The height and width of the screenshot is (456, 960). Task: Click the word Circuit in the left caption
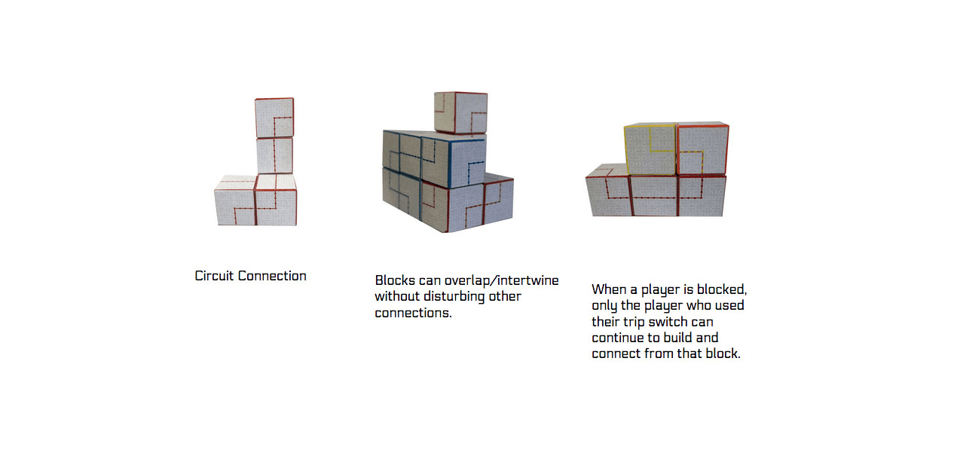click(214, 276)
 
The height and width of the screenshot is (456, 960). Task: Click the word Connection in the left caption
click(272, 276)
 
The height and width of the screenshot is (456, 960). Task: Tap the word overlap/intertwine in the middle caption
click(501, 280)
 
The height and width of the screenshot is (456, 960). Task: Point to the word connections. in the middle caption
click(414, 313)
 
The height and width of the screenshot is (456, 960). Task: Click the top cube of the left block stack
click(274, 118)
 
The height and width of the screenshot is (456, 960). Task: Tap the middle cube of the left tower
click(275, 155)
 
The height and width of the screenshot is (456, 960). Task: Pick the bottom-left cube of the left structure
click(235, 200)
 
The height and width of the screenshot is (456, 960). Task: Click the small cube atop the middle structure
click(460, 113)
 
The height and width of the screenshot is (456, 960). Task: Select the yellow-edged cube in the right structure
click(650, 149)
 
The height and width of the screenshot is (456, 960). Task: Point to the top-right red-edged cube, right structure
click(703, 148)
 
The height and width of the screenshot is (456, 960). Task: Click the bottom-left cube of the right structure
click(609, 190)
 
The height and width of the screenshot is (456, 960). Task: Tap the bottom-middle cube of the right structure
click(654, 195)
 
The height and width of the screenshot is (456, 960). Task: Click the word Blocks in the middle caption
click(395, 280)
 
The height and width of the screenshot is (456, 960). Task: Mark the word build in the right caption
click(678, 338)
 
